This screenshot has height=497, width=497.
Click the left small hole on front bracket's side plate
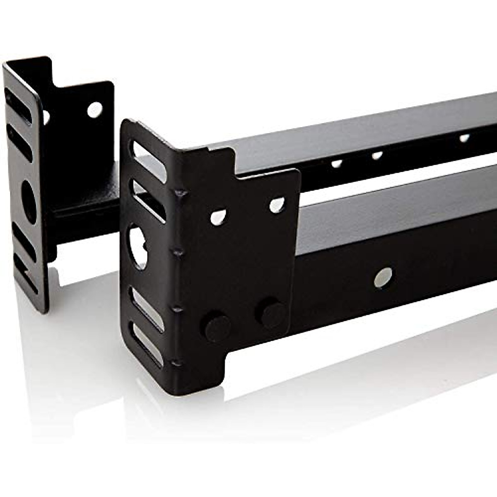pos(218,217)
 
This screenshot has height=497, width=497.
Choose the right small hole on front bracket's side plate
pos(277,205)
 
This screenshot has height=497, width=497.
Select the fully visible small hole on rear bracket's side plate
pos(94,109)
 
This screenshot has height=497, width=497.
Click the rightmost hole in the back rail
pos(464,138)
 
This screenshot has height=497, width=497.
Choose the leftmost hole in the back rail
pos(337,164)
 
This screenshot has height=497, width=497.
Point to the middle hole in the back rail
pos(376,156)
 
